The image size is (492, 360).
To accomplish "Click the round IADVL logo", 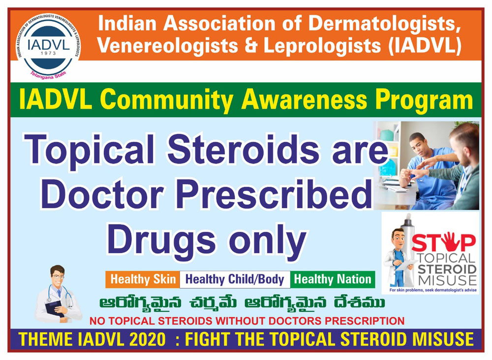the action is [48, 45].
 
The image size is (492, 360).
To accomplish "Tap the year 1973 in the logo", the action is [48, 53].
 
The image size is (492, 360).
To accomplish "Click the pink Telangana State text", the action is [48, 75].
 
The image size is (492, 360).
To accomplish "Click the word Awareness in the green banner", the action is [304, 100].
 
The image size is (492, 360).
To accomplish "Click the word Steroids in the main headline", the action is [243, 149].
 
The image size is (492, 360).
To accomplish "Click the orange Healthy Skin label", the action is [143, 279].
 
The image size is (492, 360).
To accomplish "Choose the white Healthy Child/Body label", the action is [235, 279].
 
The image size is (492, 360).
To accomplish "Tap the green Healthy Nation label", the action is [333, 279].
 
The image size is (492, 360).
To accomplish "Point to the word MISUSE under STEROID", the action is [447, 280].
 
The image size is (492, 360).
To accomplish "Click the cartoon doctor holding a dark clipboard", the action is [59, 295].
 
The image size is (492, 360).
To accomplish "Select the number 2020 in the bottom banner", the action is [147, 340].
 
